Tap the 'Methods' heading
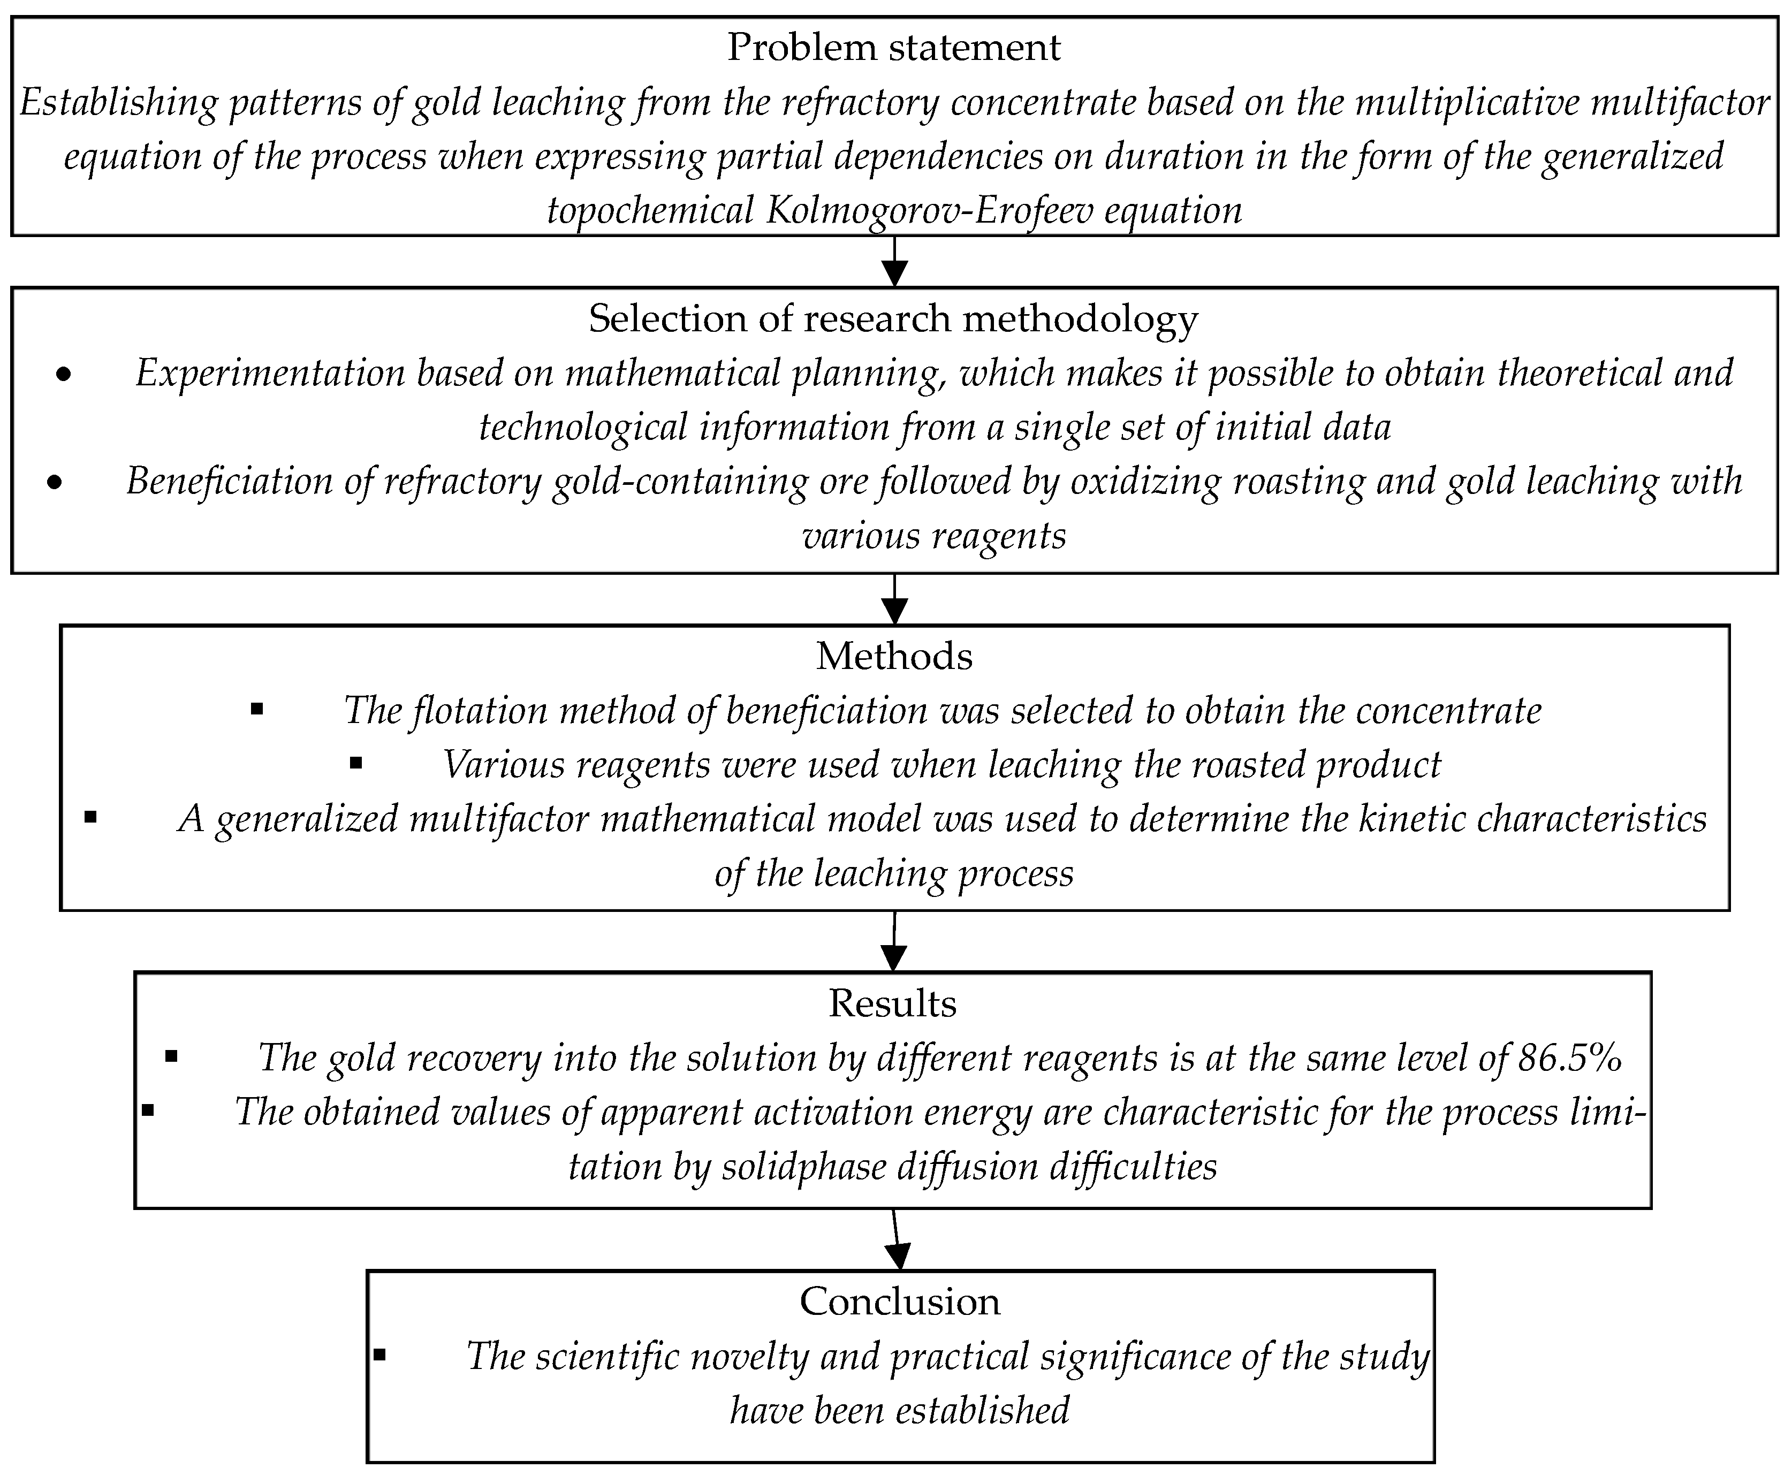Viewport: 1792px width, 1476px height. click(x=894, y=656)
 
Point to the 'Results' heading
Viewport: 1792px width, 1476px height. click(x=892, y=1003)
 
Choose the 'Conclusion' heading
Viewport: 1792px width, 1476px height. click(x=900, y=1302)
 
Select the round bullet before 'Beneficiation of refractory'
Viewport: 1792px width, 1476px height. click(x=55, y=483)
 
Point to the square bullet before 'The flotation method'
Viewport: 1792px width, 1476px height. click(x=257, y=709)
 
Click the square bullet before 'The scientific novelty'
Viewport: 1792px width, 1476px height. click(x=379, y=1355)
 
